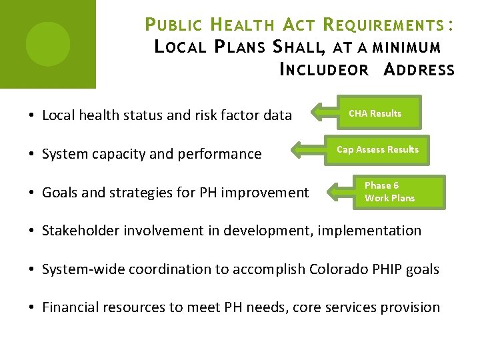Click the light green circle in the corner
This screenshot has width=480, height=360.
pos(48,44)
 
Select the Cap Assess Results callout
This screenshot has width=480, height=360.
pos(378,149)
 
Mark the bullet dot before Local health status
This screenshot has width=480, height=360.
pos(32,115)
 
